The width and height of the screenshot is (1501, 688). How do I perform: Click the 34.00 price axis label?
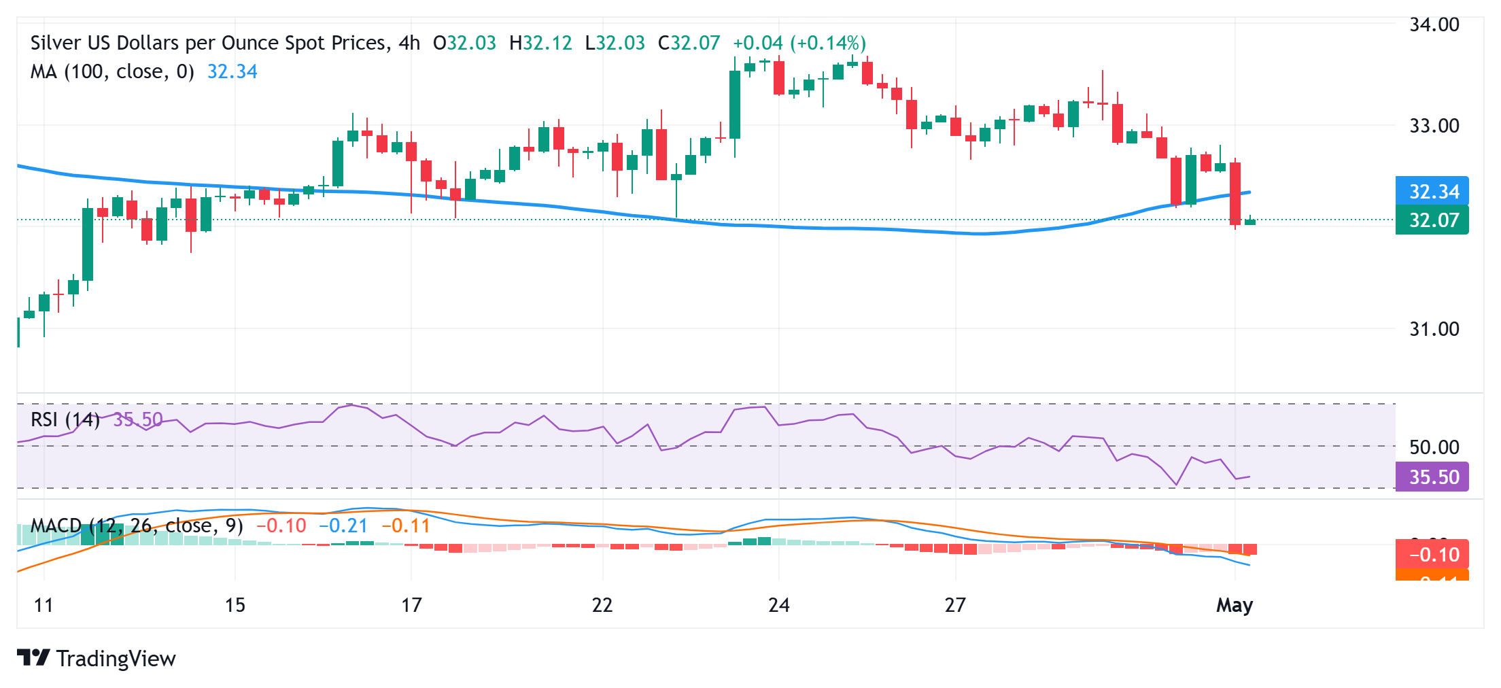[1434, 25]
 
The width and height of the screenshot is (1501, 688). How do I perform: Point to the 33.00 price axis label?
[1434, 126]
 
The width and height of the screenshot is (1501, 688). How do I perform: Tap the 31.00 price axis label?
[1434, 329]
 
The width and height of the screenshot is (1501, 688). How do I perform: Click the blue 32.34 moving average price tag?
[1432, 192]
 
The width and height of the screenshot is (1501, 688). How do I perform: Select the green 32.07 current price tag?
[1432, 220]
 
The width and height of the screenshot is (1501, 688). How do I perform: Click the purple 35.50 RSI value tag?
[1432, 477]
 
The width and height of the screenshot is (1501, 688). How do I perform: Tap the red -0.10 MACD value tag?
[1432, 555]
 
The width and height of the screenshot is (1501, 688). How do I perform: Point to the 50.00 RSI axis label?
[1434, 447]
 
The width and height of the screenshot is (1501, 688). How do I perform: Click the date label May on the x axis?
[1235, 605]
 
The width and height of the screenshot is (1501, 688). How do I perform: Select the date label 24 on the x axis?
[778, 605]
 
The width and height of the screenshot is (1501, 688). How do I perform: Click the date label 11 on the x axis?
[44, 605]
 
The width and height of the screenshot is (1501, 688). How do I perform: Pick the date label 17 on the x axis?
[411, 605]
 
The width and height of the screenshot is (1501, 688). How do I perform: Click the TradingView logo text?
[116, 659]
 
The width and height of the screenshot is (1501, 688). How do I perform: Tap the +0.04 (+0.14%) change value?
[799, 44]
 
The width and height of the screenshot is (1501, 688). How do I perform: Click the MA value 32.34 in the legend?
[232, 72]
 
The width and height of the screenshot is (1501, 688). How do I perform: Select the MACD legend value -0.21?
[343, 526]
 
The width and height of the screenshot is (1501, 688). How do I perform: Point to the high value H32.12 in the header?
[540, 44]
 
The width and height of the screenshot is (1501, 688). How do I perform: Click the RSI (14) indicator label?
[65, 419]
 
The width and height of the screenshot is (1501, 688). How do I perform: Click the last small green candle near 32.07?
[1250, 222]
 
